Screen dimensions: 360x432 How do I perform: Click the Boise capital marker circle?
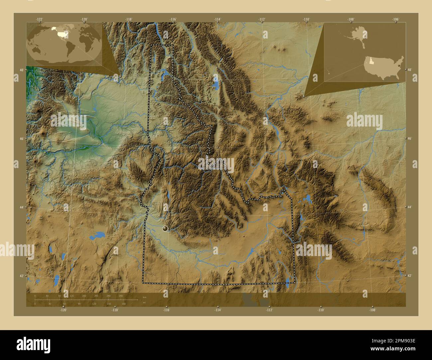(165, 228)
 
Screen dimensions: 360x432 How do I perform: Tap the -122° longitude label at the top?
(40, 19)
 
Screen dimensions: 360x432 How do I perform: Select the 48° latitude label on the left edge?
(21, 70)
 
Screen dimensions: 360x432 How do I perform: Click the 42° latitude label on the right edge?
(409, 276)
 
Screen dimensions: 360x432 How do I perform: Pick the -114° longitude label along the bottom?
(217, 310)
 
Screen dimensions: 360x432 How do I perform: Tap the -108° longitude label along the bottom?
(372, 310)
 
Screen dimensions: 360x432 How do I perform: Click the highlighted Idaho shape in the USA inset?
(369, 60)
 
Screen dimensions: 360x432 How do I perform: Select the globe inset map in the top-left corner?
(64, 41)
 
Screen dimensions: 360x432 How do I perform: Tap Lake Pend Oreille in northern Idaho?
(165, 73)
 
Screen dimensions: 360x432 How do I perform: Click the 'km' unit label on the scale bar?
(144, 297)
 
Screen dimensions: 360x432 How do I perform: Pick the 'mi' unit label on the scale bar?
(144, 303)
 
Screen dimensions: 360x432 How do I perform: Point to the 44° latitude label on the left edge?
(21, 207)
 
